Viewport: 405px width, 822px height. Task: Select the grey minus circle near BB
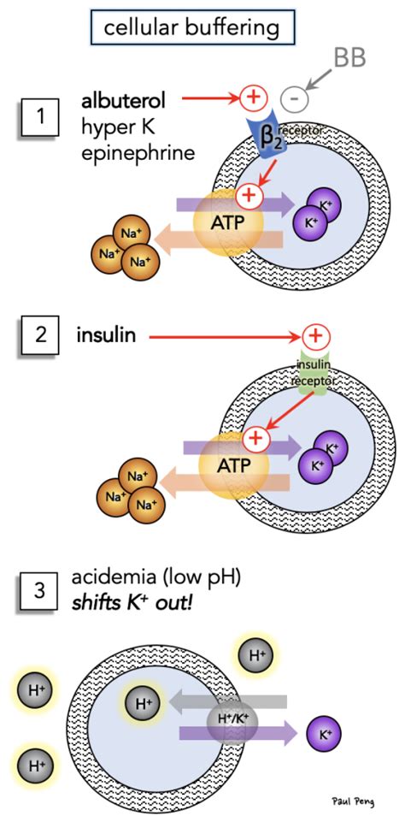[x=292, y=98]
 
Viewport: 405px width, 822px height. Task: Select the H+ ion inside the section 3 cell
[x=142, y=703]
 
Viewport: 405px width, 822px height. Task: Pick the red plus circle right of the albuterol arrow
[x=253, y=98]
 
